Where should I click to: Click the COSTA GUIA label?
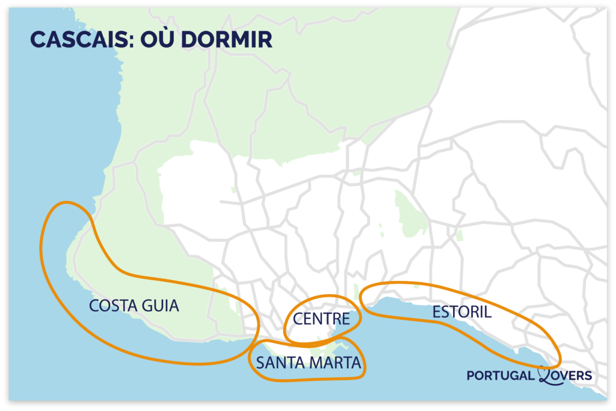point(134,306)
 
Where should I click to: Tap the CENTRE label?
point(321,318)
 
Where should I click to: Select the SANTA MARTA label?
point(308,362)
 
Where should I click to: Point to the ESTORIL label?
point(461,312)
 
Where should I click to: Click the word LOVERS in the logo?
point(568,375)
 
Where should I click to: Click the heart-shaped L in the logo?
point(546,374)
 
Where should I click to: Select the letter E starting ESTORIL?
point(436,312)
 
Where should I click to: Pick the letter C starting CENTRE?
point(297,318)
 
